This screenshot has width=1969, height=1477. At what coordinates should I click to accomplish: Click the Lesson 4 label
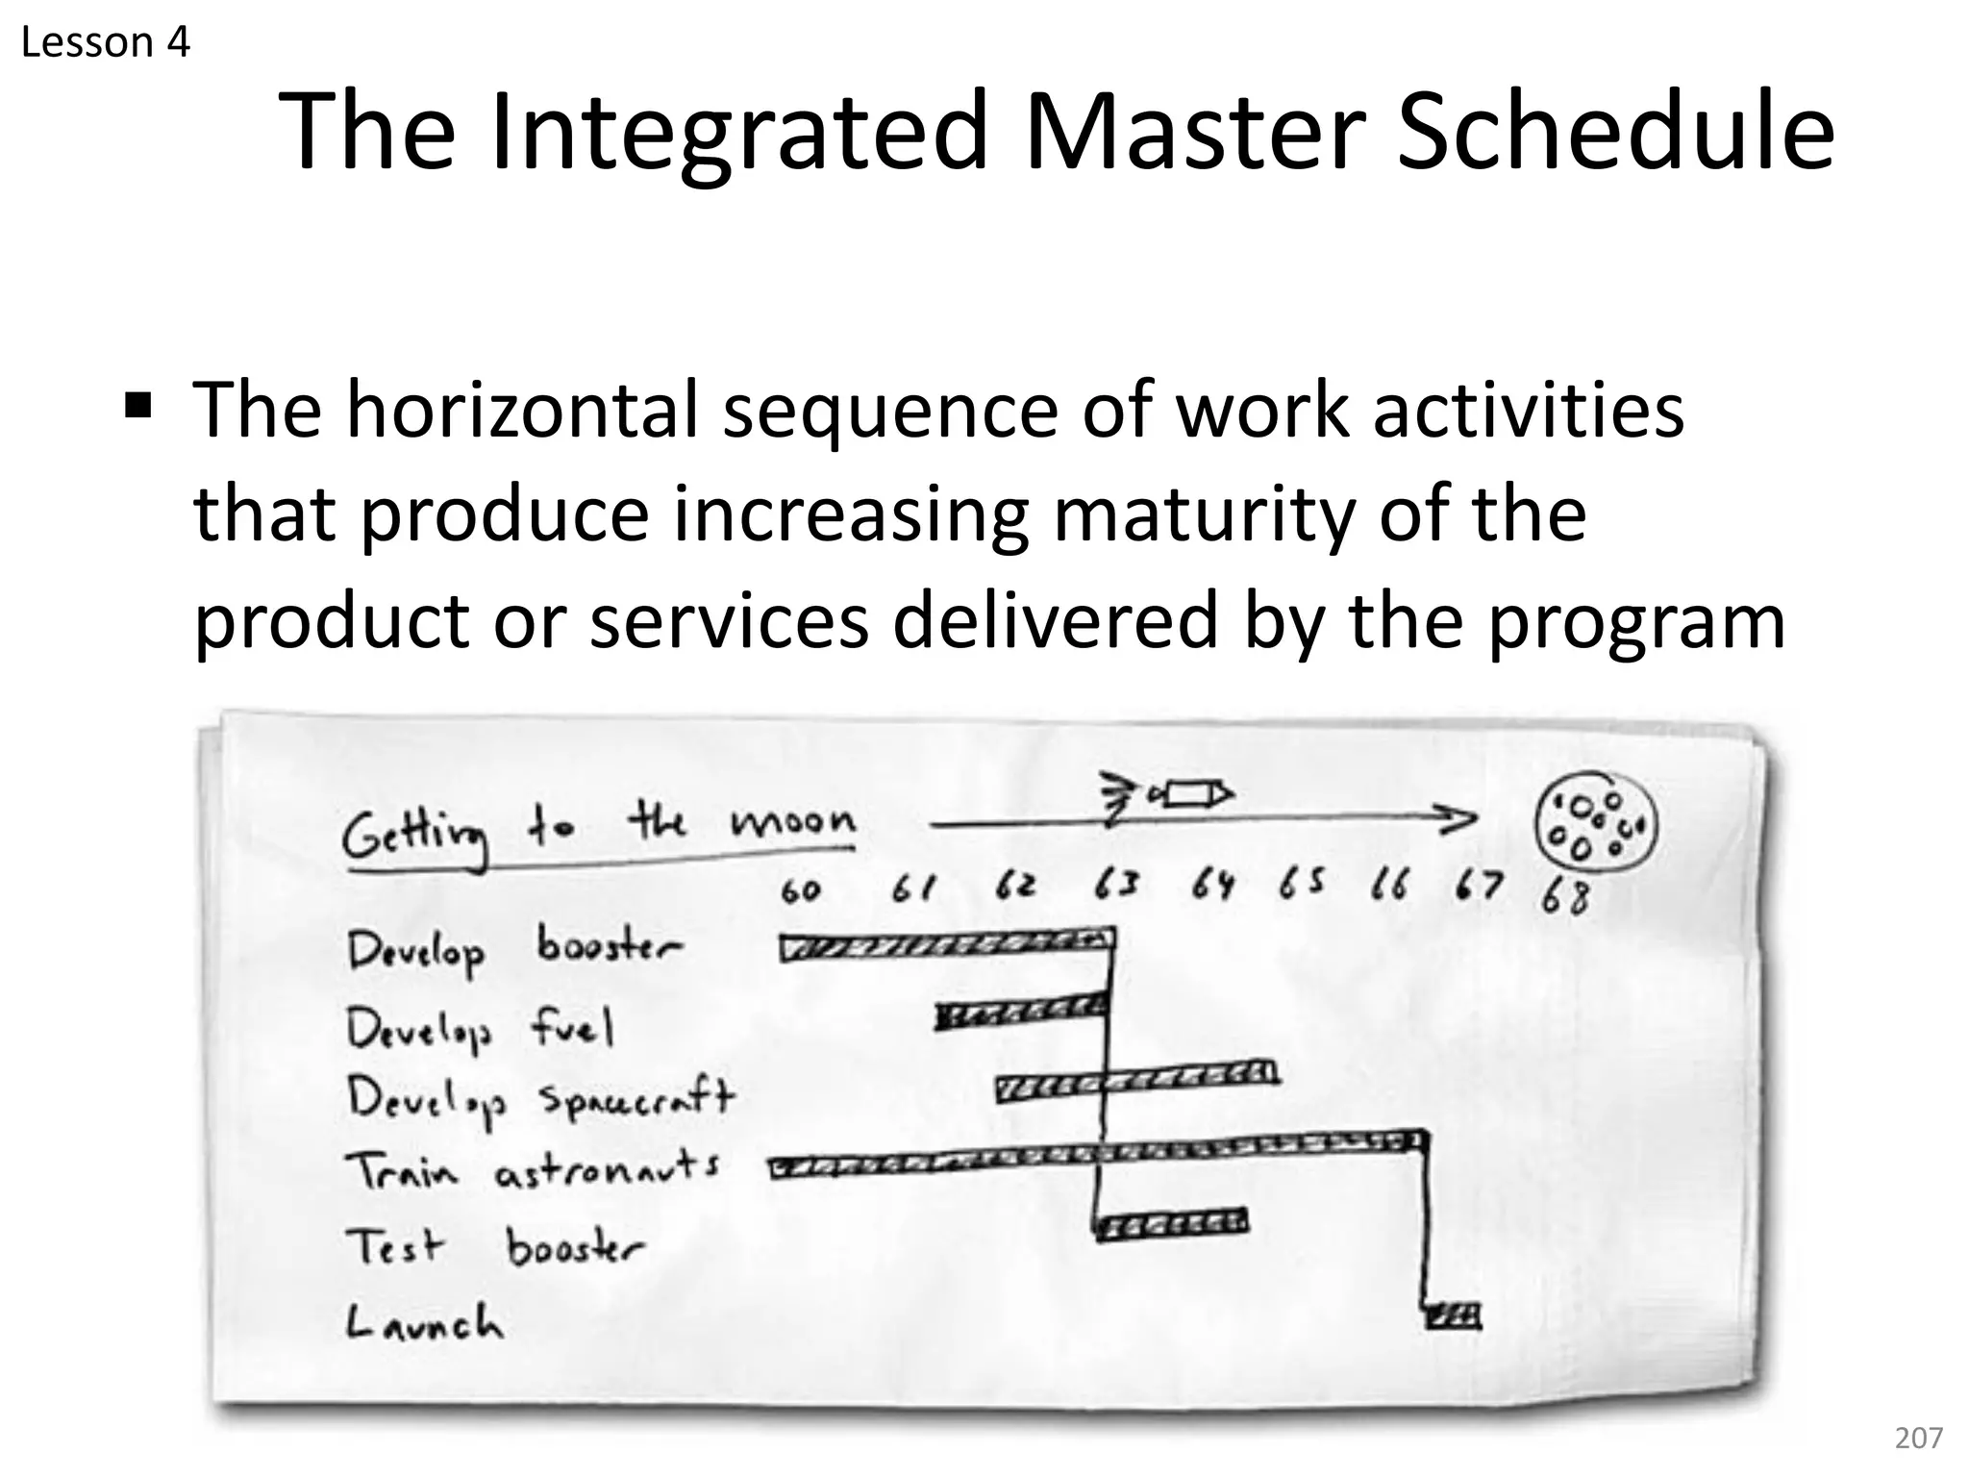coord(105,43)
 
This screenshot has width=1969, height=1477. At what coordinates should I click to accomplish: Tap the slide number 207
coord(1918,1438)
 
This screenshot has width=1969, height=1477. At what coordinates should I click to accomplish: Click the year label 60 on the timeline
coord(800,891)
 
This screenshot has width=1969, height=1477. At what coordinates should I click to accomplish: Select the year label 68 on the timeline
coord(1565,897)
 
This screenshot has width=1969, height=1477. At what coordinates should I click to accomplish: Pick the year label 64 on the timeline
coord(1212,885)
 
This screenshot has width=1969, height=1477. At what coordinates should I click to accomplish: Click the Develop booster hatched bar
coord(947,944)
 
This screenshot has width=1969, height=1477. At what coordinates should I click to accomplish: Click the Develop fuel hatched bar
coord(1021,1012)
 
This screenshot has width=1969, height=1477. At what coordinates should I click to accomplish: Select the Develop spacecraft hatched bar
coord(1137,1081)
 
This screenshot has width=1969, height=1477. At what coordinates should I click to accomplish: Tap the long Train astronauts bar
coord(1096,1154)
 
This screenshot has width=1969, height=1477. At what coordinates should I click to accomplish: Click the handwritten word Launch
coord(424,1323)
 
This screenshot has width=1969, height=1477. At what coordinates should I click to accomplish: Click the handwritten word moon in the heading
coord(792,822)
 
